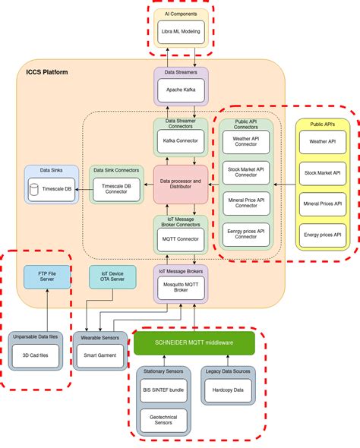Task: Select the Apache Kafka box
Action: [180, 89]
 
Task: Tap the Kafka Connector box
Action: [180, 140]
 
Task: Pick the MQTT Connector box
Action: [180, 238]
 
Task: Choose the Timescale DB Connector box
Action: [116, 189]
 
